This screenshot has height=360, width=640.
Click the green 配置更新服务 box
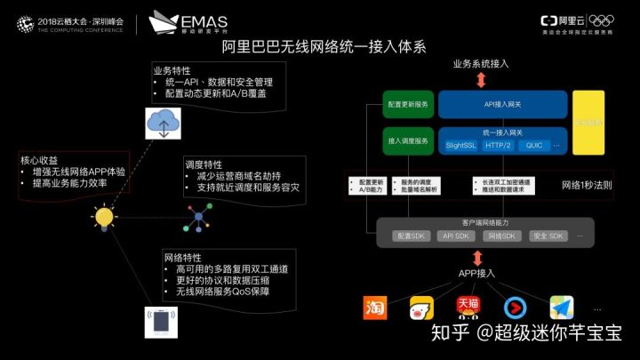[408, 104]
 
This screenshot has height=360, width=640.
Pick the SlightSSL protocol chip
[461, 145]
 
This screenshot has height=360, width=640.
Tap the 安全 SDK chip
[548, 236]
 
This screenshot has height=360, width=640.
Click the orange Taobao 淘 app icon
[375, 308]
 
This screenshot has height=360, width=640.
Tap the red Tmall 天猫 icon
[468, 308]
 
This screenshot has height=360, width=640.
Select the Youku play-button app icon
[515, 308]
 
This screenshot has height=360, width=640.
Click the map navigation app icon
[561, 308]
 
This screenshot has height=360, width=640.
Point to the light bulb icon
[105, 216]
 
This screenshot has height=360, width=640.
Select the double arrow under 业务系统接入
[481, 80]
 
